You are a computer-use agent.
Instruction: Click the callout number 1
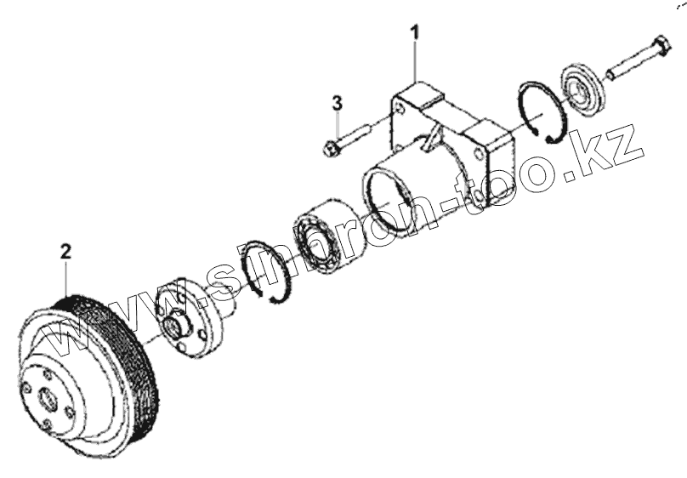click(415, 33)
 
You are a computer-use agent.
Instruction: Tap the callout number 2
click(65, 251)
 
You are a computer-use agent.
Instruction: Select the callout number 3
click(338, 103)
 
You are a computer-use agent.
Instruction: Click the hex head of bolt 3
click(332, 148)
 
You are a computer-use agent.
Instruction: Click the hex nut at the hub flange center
click(176, 324)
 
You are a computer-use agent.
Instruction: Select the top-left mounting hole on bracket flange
click(397, 106)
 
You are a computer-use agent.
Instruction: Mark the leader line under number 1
click(415, 60)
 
